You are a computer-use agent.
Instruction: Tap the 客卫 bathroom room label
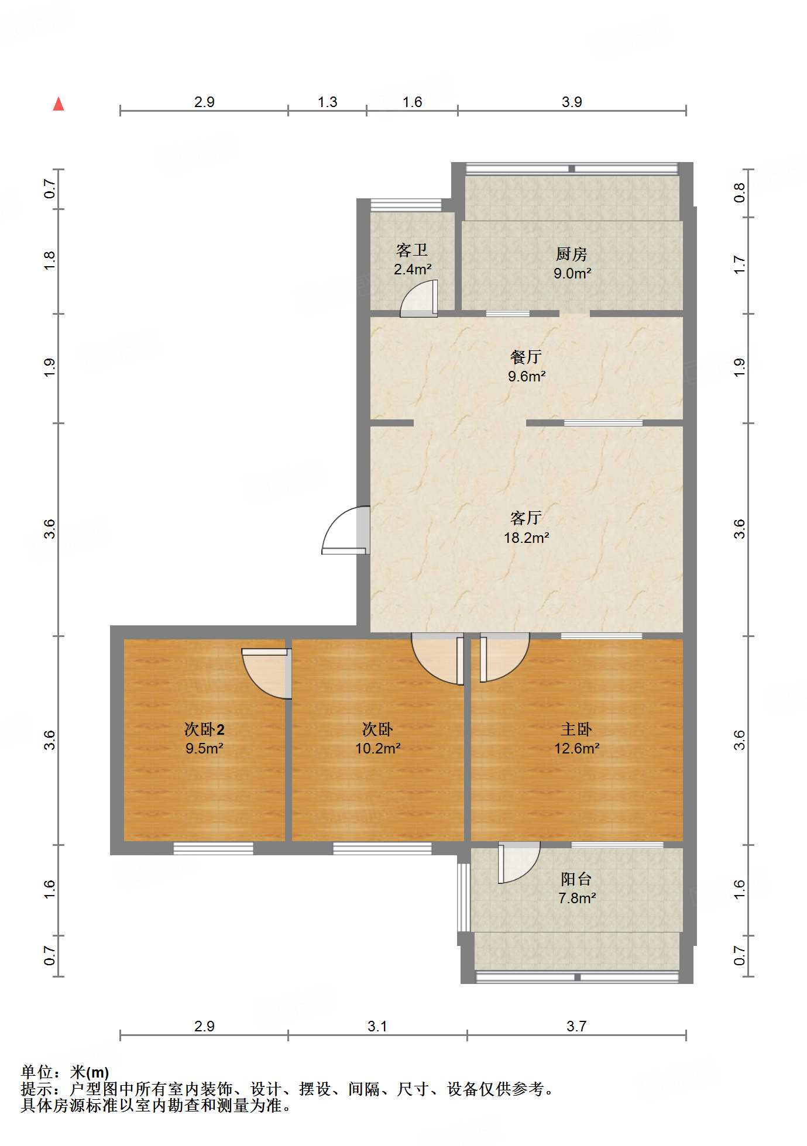tap(412, 250)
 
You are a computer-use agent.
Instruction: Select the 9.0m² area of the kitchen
tap(572, 273)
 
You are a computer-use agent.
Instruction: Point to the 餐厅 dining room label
tap(526, 357)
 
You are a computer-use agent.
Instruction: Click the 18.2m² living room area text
tap(526, 538)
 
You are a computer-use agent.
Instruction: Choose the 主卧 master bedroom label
tap(576, 729)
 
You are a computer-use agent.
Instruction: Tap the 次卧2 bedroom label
tap(204, 729)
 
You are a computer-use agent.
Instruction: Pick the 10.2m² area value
tap(377, 748)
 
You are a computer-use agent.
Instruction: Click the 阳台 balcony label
tap(576, 879)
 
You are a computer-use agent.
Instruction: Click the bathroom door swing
tap(419, 299)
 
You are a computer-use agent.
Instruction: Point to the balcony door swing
tap(518, 863)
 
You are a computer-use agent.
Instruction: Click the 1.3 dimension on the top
tap(327, 102)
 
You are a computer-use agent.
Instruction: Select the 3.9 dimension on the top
tap(572, 102)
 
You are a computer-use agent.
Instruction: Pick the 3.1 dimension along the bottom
tap(377, 1026)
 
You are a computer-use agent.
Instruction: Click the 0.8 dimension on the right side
tap(740, 192)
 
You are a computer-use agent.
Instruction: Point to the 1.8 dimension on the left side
tap(50, 260)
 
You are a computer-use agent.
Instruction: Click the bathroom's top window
tap(406, 205)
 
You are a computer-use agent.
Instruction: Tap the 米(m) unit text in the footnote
tap(89, 1072)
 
